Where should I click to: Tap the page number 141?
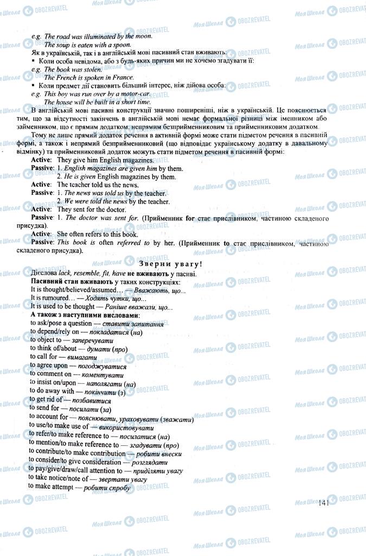click(x=325, y=503)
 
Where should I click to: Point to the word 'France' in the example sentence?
click(x=107, y=78)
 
